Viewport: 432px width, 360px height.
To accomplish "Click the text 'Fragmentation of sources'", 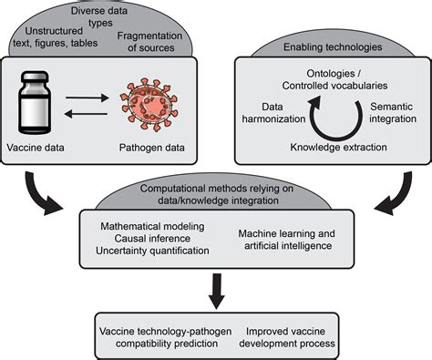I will coord(162,40).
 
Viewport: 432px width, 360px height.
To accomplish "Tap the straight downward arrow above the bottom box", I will coord(216,289).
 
